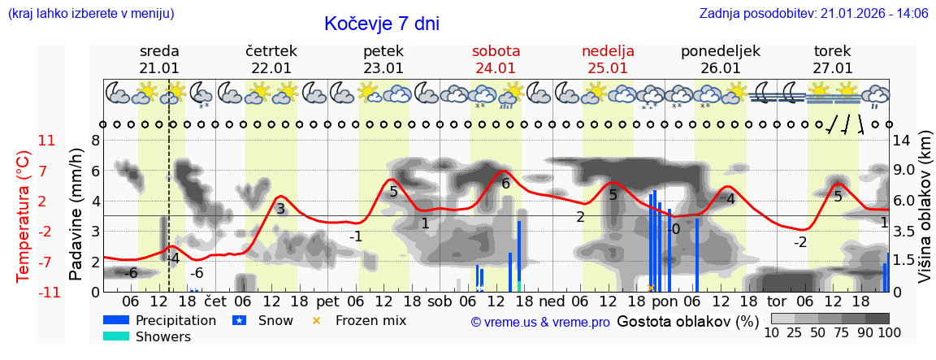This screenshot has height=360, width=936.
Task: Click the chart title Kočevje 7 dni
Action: [381, 24]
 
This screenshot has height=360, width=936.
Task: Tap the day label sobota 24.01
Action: [496, 59]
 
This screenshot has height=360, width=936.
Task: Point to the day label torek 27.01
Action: [832, 59]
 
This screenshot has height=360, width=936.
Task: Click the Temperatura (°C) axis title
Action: [24, 216]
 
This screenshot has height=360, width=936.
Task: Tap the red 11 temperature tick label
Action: [46, 141]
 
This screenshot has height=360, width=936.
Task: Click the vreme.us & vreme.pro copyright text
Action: [539, 322]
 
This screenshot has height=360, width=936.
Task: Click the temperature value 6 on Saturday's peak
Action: [505, 184]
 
